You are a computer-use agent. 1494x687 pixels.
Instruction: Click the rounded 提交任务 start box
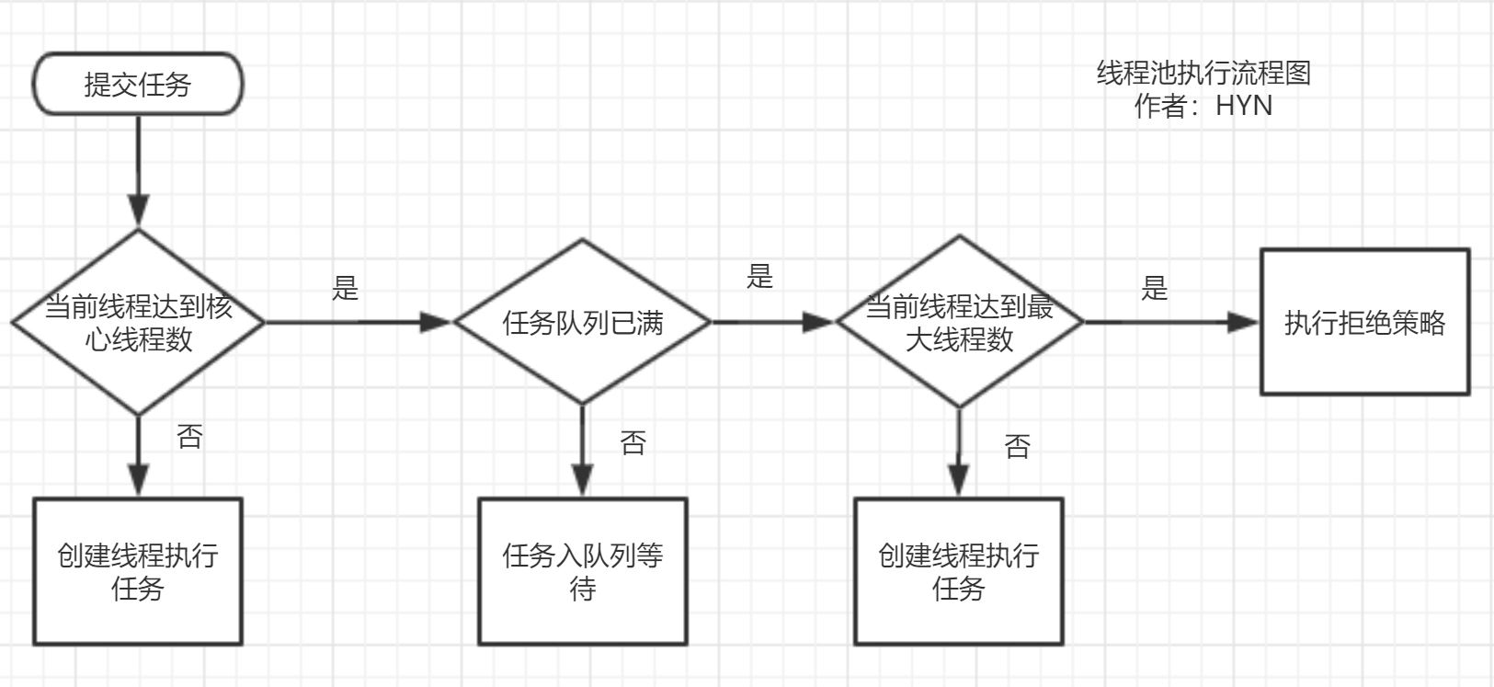(x=138, y=85)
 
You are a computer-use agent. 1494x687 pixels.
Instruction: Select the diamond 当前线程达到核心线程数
(x=138, y=323)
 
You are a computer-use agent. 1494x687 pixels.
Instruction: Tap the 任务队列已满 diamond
(x=582, y=323)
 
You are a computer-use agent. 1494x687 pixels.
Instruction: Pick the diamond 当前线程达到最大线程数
(x=959, y=322)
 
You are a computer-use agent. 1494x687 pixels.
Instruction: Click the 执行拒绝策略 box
(x=1364, y=323)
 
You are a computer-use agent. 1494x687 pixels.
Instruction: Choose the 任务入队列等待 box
(x=582, y=571)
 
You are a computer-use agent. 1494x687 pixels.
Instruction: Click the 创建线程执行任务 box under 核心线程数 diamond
(x=138, y=571)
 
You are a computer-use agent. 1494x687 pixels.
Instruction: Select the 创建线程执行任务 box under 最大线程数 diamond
(x=959, y=571)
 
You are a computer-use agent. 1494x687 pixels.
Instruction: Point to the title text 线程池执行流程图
(x=1203, y=73)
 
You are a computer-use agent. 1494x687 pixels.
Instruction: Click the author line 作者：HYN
(x=1203, y=106)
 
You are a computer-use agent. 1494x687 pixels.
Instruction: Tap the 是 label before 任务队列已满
(x=345, y=288)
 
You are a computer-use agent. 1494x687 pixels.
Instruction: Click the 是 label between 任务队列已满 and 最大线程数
(x=759, y=276)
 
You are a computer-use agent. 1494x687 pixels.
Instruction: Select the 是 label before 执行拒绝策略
(x=1154, y=288)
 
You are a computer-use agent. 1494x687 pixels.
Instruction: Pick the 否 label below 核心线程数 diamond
(x=189, y=436)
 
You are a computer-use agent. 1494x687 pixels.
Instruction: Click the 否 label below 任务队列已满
(x=633, y=442)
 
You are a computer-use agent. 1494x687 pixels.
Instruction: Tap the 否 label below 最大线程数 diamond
(x=1017, y=446)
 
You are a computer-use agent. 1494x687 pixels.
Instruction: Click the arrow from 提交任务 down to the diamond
(x=138, y=166)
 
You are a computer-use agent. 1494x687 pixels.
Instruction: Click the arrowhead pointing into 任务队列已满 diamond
(x=436, y=323)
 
